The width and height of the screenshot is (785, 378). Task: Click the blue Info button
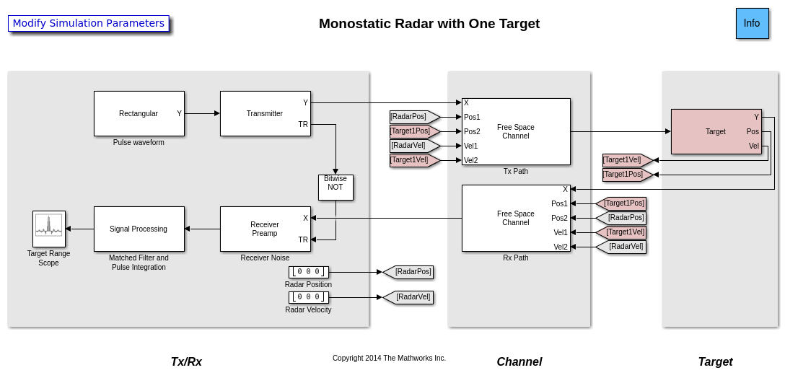coord(752,23)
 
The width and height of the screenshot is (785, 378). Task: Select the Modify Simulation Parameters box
coord(88,23)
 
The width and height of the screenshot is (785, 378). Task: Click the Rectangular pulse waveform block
coord(139,113)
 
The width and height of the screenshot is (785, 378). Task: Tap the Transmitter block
coord(265,113)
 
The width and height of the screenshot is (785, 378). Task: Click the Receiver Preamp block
coord(265,229)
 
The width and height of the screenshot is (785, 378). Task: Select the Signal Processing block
coord(139,229)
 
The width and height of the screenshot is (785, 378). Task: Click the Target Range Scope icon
coord(49,229)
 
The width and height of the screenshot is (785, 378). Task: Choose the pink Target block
coord(716,131)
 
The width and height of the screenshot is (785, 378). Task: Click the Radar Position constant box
coord(308,272)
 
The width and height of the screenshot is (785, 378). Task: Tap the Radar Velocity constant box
coord(308,297)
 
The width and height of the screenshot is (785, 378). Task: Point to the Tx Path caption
coord(516,171)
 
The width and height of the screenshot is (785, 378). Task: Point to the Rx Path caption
coord(516,258)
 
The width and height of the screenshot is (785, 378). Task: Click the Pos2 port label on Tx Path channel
coord(472,131)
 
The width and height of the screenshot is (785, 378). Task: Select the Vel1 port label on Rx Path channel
coord(561,232)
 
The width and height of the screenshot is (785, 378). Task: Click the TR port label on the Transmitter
coord(303,124)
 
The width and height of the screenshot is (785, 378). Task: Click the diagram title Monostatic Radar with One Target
coord(429,23)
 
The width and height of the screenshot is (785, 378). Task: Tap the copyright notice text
coord(389,358)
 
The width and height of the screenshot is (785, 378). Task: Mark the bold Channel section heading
coord(519,361)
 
